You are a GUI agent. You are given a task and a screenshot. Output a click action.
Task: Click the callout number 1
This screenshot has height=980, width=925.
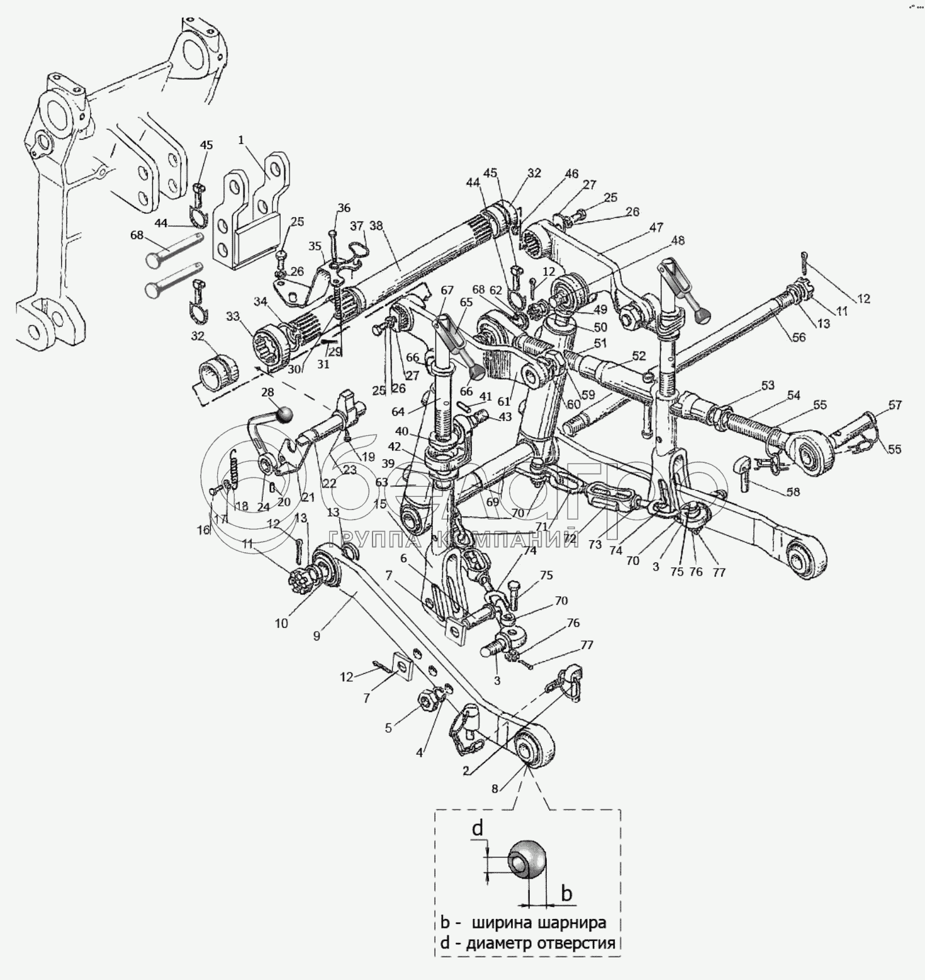tap(241, 140)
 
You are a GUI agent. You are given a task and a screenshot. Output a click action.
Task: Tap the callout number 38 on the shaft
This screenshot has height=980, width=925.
tap(376, 225)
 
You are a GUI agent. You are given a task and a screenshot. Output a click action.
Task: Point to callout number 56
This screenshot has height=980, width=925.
tap(799, 337)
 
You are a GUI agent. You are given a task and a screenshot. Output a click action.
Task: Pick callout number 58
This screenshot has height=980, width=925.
tap(793, 491)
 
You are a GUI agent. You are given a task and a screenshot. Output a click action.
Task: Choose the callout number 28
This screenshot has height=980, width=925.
tap(269, 393)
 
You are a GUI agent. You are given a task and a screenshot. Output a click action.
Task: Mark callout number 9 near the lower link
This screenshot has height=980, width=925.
tap(316, 636)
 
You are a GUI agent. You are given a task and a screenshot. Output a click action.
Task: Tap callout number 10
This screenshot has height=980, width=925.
tap(281, 623)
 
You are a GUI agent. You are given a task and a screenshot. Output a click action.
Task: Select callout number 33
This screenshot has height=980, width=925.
tap(234, 317)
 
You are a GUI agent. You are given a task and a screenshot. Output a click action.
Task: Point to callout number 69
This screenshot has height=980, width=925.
tap(492, 502)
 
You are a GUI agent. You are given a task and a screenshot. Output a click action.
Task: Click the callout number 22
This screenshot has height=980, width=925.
tap(329, 483)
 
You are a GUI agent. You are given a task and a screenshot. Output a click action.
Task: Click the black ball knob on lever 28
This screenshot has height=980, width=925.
tap(286, 414)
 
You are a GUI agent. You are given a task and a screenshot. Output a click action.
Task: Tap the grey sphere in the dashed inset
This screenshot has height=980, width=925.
tap(527, 858)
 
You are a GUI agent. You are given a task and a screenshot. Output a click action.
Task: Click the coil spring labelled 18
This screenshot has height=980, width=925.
tap(234, 468)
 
